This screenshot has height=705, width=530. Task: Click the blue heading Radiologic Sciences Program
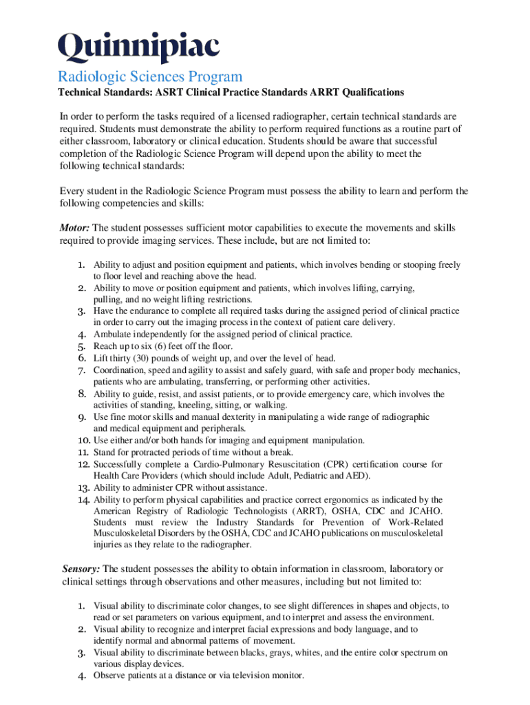[149, 76]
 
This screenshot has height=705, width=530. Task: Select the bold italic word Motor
[73, 228]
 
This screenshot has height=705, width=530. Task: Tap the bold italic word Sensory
[81, 569]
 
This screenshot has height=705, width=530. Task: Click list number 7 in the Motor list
[81, 370]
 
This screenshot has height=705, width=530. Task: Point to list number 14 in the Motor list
[83, 499]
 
